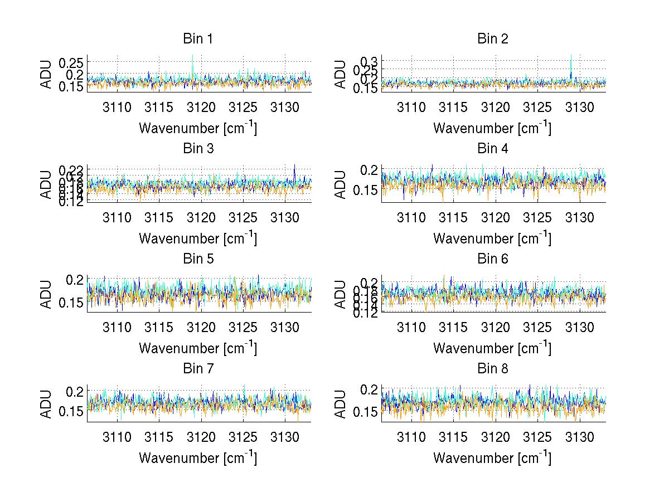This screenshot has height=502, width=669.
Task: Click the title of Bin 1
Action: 198,39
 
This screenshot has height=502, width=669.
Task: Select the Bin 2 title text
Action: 493,39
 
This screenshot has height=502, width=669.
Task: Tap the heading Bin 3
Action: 198,149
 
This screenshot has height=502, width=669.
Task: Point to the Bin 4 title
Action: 493,149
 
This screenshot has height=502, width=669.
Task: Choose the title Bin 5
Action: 198,259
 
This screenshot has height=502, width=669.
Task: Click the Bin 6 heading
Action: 493,259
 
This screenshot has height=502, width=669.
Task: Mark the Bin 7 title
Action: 198,368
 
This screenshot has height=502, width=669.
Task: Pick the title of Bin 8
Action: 493,368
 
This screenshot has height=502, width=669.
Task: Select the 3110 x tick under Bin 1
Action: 117,107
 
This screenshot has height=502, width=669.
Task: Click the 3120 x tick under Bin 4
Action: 496,217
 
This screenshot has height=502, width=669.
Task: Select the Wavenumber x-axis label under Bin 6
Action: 492,348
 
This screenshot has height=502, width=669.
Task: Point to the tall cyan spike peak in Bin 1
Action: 192,55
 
